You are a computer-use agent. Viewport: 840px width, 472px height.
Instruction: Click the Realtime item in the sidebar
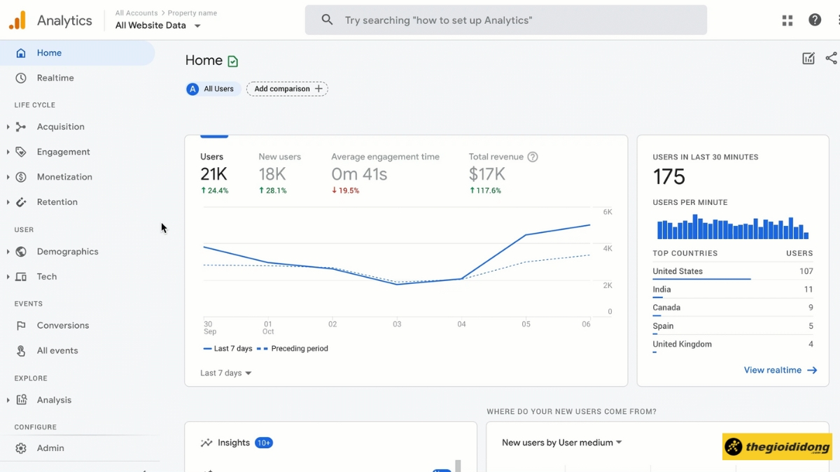(55, 78)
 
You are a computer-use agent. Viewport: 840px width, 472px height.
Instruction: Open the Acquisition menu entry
(60, 127)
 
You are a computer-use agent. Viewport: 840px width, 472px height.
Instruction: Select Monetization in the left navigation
(64, 177)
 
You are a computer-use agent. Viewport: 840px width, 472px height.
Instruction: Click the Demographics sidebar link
(67, 252)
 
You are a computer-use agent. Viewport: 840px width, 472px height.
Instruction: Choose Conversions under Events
(62, 326)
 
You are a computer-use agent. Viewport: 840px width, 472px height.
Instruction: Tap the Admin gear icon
(21, 448)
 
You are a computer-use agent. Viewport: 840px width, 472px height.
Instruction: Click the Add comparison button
(287, 89)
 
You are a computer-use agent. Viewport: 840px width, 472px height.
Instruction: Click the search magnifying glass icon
(327, 20)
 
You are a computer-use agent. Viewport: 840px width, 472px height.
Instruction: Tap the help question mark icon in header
(815, 20)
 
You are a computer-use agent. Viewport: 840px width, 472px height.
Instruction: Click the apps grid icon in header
(787, 20)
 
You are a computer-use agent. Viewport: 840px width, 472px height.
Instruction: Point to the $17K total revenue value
(486, 174)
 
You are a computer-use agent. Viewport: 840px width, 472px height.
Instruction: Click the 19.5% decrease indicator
(345, 191)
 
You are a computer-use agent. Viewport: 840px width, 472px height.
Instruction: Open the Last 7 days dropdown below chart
(225, 373)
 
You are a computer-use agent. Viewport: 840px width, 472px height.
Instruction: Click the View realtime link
(780, 371)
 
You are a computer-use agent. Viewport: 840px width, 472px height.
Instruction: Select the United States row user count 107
(806, 271)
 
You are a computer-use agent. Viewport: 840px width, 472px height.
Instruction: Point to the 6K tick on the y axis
(607, 212)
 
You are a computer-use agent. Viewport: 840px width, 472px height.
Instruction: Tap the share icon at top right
(831, 59)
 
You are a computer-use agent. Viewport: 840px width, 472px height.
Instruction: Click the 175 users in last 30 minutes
(668, 177)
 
